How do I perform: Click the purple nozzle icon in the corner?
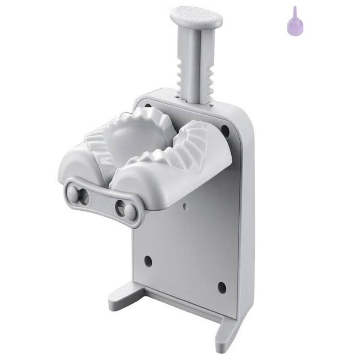293,20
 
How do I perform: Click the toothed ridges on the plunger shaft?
201,72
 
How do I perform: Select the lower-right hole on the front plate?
221,286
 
